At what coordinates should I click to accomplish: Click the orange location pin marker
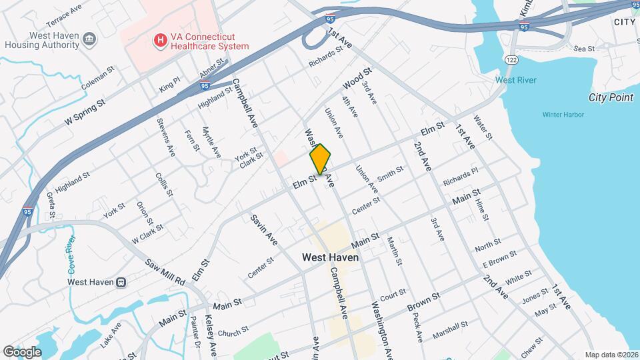point(321,159)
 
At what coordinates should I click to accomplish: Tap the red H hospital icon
point(160,41)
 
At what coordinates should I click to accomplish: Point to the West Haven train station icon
point(121,281)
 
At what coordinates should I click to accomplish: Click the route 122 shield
point(511,60)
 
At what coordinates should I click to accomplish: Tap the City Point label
point(610,97)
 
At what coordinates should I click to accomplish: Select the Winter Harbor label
point(563,115)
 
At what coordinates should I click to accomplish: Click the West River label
point(515,81)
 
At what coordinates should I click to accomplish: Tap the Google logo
point(22,351)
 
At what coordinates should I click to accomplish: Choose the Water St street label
point(483,127)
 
